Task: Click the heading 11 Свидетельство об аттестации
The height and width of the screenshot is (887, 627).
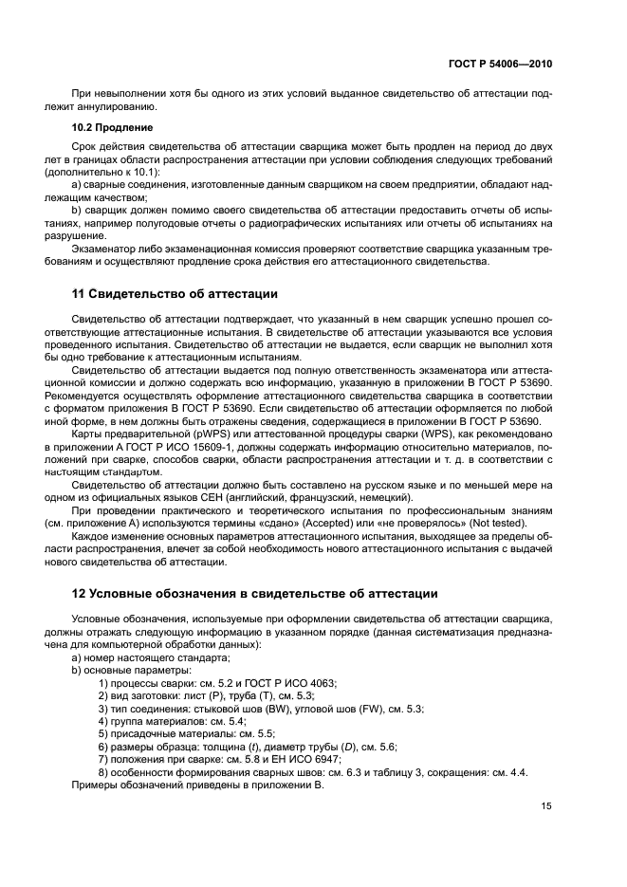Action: [x=175, y=294]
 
